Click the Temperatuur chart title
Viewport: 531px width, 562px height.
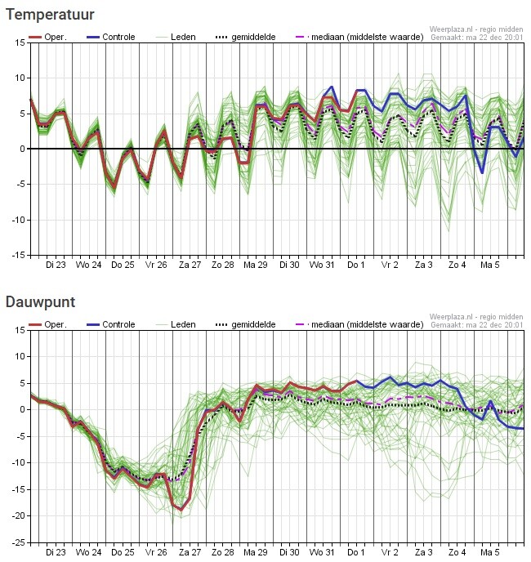click(x=50, y=15)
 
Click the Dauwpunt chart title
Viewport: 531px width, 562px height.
click(x=41, y=302)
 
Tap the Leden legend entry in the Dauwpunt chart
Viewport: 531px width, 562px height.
click(x=181, y=324)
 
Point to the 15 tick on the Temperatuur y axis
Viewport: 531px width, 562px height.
click(x=19, y=42)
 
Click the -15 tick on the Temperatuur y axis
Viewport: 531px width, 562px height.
click(x=16, y=255)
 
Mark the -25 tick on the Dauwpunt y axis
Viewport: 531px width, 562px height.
click(x=16, y=542)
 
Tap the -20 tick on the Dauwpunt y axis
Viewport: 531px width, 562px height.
click(x=16, y=515)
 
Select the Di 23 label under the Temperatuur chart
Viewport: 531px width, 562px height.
click(x=56, y=265)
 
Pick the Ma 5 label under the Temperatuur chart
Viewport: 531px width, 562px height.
click(x=489, y=265)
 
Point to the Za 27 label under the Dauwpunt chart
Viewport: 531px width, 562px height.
click(x=190, y=552)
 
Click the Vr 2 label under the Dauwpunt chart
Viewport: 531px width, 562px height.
click(x=390, y=552)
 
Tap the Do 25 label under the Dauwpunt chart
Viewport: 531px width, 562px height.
click(x=123, y=552)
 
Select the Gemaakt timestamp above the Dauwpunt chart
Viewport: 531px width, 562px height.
click(x=477, y=325)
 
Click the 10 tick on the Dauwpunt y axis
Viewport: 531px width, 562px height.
click(x=19, y=356)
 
